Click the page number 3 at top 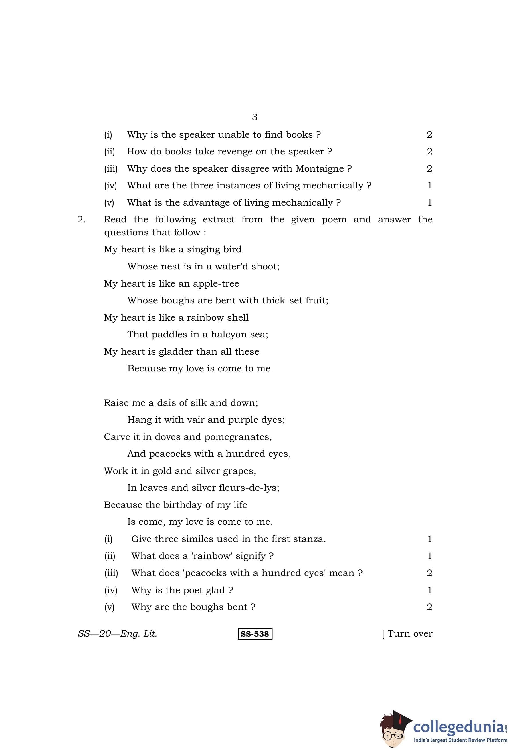[255, 117]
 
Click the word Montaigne [320, 169]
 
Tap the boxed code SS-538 [255, 634]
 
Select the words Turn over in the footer [409, 634]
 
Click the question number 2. [81, 220]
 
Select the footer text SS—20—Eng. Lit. [117, 634]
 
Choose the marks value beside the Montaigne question [429, 169]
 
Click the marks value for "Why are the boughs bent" [429, 607]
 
